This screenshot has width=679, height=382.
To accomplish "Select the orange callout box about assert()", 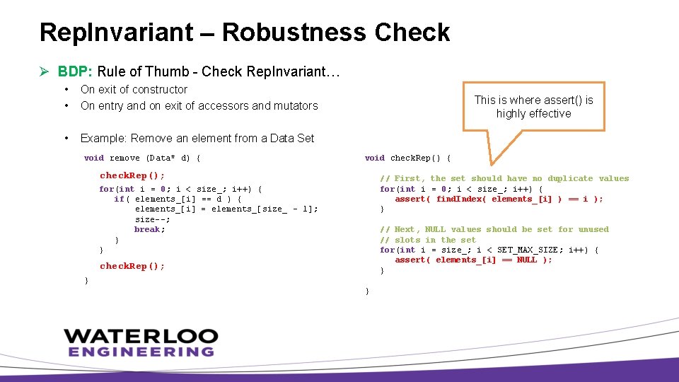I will [x=533, y=107].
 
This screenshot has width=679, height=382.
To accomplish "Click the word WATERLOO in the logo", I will [x=140, y=335].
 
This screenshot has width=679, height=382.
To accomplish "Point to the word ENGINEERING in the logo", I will [x=141, y=352].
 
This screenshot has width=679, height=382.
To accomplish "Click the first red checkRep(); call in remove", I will [x=132, y=175].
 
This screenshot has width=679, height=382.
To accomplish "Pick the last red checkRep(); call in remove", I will [x=132, y=266].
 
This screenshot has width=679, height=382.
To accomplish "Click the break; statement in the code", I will [x=149, y=229].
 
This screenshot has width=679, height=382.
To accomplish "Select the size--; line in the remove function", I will [x=152, y=219].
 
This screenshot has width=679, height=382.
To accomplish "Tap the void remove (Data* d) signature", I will [x=142, y=158].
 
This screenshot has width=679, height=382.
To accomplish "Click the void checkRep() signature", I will [x=407, y=158].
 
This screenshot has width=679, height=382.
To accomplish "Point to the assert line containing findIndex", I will [x=499, y=199].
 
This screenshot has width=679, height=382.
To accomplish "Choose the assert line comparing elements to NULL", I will [x=473, y=260].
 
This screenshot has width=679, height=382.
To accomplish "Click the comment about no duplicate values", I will [x=504, y=178].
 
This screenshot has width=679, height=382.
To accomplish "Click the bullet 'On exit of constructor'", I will [x=134, y=89].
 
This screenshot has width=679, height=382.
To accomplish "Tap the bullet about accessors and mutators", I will [x=199, y=105].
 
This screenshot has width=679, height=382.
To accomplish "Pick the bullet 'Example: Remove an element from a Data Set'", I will [x=197, y=138].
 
